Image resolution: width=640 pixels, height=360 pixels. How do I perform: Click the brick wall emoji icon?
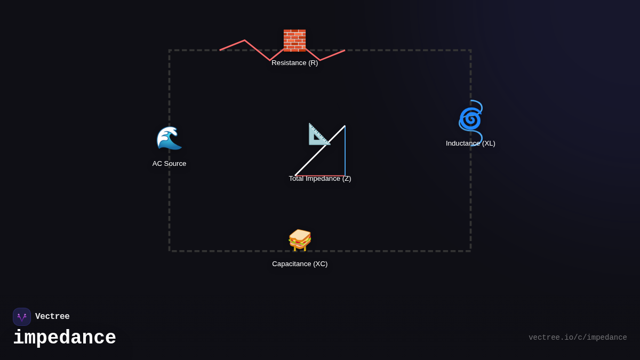pos(294,41)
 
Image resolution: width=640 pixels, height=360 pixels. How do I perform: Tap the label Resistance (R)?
pos(294,63)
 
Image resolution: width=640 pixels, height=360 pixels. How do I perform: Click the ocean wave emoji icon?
pos(169,138)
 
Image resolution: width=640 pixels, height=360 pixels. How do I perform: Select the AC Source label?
pos(169,164)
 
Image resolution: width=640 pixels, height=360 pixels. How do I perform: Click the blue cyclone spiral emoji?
pos(470,118)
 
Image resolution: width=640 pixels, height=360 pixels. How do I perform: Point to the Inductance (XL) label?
pos(470,143)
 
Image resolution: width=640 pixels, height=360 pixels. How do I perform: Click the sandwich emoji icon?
pos(300,239)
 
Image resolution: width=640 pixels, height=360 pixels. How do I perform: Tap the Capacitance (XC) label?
pos(300,264)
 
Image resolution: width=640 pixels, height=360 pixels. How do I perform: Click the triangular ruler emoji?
pos(319,134)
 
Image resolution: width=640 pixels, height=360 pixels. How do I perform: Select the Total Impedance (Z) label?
pos(320,179)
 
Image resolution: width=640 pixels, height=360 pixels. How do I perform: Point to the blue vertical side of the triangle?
pos(345,155)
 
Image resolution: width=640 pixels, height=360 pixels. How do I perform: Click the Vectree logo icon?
pos(22,317)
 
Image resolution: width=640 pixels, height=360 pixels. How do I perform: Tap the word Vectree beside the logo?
pos(52,317)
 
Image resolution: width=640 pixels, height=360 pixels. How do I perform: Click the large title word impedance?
pos(65,338)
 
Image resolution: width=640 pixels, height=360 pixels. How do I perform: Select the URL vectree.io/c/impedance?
pos(578,338)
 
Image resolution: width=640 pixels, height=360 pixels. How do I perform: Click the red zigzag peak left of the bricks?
pos(245,41)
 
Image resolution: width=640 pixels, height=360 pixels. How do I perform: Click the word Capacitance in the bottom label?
pos(292,264)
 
